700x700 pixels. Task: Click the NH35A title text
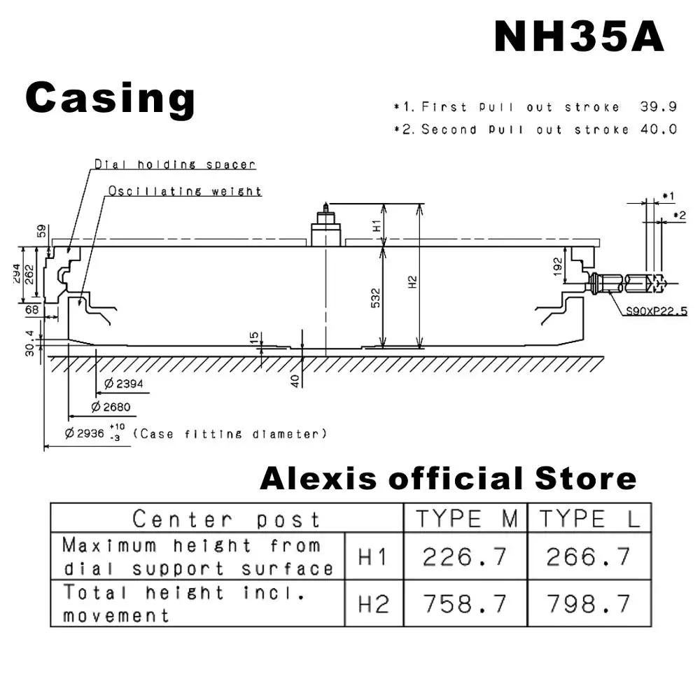click(579, 36)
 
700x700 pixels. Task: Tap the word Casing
click(110, 98)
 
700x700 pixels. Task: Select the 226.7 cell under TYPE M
click(465, 556)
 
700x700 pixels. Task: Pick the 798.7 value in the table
click(589, 603)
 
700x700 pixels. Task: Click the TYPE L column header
click(589, 519)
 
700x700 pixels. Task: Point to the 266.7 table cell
click(589, 556)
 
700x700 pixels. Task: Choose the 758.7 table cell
click(465, 603)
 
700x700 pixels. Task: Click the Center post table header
click(226, 519)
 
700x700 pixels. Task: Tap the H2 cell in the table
click(373, 603)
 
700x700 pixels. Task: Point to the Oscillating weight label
click(185, 191)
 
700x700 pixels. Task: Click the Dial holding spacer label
click(175, 165)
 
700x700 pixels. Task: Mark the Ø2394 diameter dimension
click(123, 384)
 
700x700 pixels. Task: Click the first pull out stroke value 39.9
click(658, 107)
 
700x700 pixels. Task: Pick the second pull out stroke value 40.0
click(658, 129)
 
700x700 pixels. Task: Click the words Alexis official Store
click(448, 479)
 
